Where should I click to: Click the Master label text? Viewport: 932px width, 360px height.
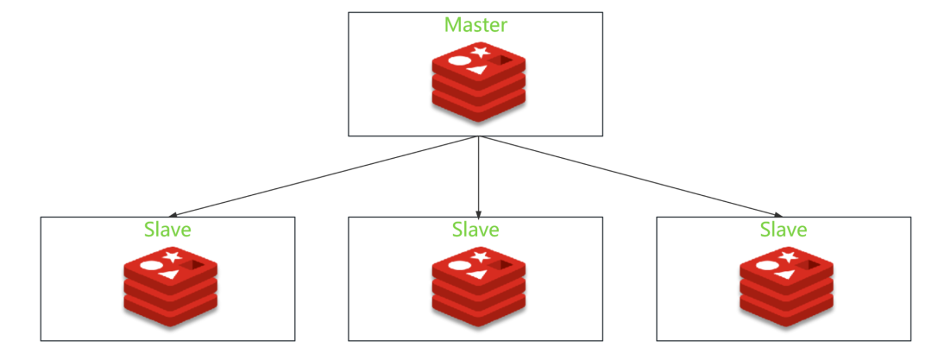(475, 24)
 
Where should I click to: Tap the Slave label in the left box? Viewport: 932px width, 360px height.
(167, 230)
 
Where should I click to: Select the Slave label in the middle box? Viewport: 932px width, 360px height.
(475, 230)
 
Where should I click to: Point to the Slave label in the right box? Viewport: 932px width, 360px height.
(784, 230)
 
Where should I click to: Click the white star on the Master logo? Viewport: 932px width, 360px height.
(481, 54)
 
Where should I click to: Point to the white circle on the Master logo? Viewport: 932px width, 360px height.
(459, 61)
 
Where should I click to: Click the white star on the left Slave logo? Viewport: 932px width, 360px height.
(172, 257)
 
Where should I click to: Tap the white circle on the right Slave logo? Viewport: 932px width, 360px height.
(767, 265)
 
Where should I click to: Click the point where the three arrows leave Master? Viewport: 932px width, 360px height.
(478, 136)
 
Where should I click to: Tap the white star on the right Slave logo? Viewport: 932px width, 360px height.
(788, 257)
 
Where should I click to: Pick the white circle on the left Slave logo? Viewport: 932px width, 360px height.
(150, 265)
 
